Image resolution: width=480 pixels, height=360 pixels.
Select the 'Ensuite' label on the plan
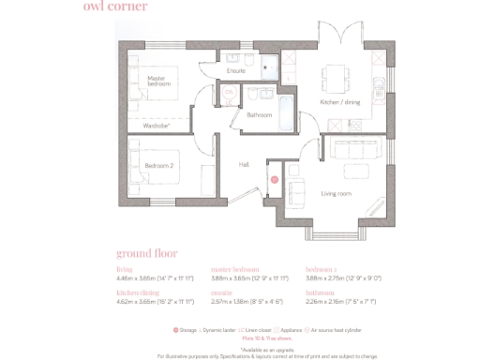pos(236,70)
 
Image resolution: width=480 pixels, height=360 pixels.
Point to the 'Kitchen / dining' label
pos(340,100)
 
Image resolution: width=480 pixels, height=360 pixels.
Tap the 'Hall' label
pos(244,164)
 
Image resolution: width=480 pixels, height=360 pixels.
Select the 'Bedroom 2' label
pos(159,165)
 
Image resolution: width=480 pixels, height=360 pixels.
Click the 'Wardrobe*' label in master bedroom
pos(156,124)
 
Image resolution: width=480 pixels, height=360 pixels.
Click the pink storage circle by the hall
pos(275,178)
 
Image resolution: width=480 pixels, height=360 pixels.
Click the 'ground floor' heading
pos(146,253)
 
